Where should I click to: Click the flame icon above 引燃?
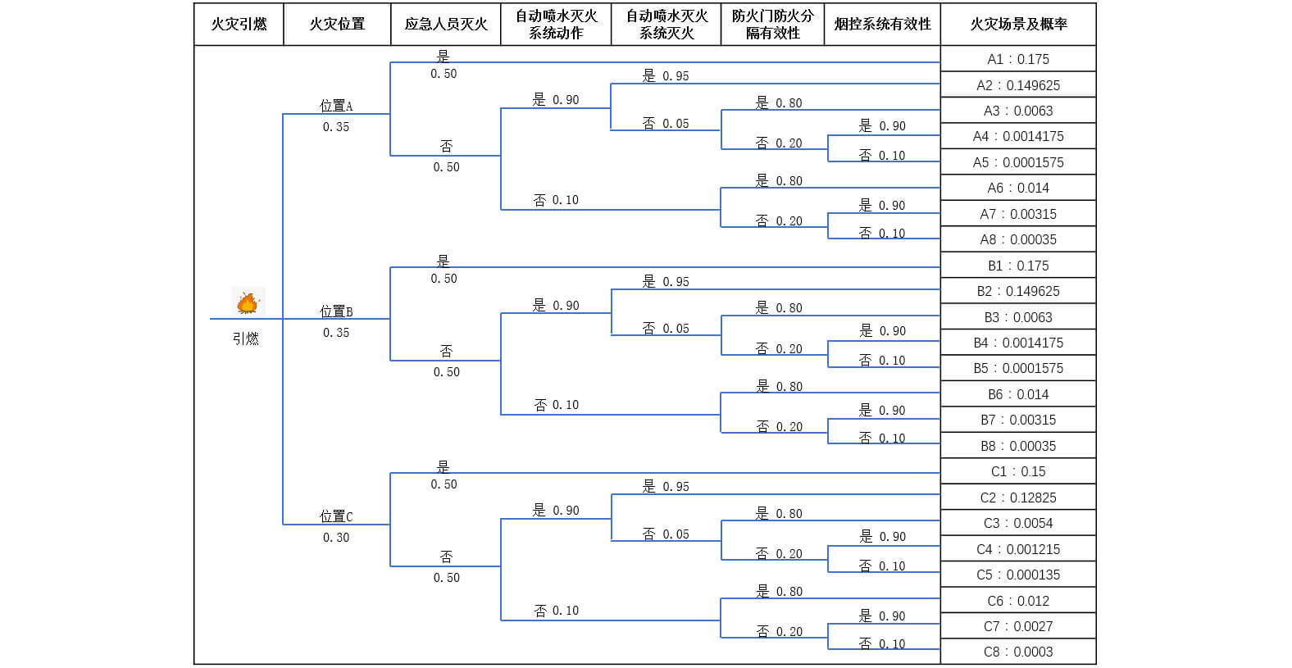[248, 302]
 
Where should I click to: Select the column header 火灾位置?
[337, 25]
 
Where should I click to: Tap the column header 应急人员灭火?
[446, 25]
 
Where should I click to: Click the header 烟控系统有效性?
[882, 25]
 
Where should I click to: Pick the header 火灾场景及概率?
[1018, 25]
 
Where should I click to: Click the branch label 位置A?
[336, 106]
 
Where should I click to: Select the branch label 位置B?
[336, 311]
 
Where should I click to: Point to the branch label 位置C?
[336, 516]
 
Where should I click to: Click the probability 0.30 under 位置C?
[336, 538]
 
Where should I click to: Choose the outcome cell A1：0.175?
[1018, 59]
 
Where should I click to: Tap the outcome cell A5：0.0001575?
[1018, 162]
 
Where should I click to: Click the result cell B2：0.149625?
[1018, 291]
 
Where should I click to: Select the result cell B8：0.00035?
[1018, 446]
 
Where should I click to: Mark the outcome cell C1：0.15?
[1018, 471]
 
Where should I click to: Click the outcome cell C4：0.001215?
[1018, 549]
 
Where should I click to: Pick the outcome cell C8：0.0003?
[1018, 652]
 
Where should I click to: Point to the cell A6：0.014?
[1018, 188]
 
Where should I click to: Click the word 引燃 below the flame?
[245, 339]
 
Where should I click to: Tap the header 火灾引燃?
[239, 25]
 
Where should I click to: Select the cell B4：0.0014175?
[1018, 343]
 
